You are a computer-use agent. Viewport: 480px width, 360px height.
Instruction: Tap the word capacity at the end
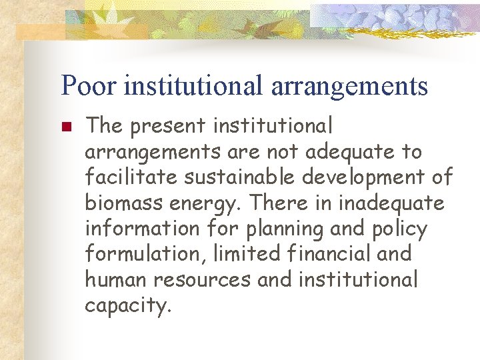click(127, 306)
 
